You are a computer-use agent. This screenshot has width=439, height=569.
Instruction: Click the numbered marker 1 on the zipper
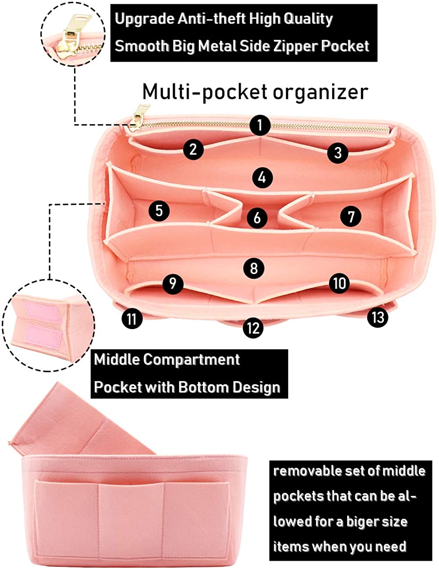260,125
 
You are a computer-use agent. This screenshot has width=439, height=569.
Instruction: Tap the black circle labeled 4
262,178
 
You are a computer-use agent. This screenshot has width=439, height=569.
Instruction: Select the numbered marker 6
257,218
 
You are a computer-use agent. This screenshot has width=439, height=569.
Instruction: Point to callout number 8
254,268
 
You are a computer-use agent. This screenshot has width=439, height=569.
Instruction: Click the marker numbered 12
253,328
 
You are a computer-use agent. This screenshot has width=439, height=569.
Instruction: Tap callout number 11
132,319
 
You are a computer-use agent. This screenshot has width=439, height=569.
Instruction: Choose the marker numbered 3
337,153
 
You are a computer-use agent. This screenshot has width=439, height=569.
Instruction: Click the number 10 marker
340,283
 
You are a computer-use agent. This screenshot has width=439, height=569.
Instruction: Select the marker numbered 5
159,211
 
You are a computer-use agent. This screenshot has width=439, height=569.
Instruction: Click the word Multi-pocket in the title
205,92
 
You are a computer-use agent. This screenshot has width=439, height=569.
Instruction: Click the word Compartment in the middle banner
191,359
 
